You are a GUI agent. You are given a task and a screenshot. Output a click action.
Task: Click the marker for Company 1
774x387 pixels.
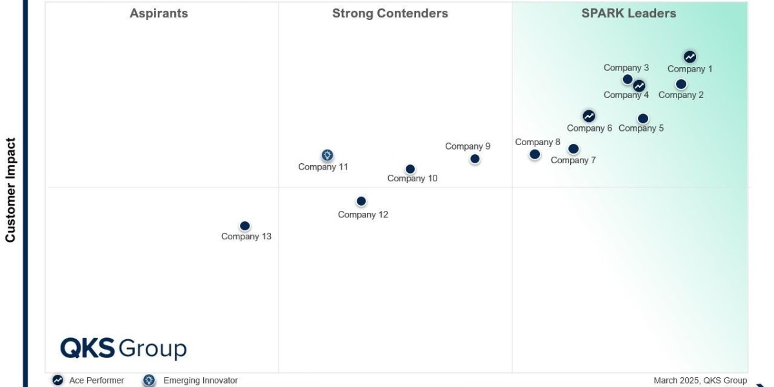tap(690, 57)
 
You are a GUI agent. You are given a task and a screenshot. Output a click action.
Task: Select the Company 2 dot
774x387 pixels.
tap(681, 84)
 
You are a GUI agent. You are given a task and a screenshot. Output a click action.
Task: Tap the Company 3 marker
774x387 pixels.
tap(628, 79)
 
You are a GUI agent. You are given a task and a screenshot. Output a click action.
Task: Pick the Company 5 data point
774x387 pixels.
tap(643, 118)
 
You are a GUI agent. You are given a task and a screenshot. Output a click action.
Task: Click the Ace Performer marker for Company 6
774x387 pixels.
tap(589, 116)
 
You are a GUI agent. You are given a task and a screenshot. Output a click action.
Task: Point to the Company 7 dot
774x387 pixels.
tap(573, 149)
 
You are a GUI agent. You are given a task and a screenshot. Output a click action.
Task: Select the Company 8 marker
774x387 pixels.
tap(535, 154)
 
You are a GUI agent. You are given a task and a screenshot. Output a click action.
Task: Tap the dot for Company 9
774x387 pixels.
tap(475, 159)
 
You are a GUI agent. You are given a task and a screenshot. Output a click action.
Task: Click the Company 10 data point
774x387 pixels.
tap(410, 169)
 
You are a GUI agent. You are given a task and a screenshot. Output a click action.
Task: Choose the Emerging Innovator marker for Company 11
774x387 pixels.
tap(327, 155)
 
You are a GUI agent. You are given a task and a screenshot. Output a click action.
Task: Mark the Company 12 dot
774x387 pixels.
tap(361, 201)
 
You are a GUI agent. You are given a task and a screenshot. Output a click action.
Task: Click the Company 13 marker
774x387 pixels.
tap(244, 226)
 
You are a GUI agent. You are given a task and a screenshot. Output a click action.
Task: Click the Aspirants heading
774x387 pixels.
tap(159, 14)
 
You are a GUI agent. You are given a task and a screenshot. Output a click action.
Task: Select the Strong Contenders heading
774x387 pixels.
tap(390, 14)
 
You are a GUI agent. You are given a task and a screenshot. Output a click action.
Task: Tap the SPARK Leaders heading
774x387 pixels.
tap(629, 14)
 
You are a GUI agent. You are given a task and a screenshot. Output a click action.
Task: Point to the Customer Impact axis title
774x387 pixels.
tap(10, 190)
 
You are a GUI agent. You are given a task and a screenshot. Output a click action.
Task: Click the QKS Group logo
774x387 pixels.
tap(123, 348)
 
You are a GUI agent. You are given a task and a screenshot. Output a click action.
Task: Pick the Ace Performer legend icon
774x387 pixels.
tap(58, 381)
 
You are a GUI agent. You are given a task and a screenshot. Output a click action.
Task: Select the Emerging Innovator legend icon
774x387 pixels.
tap(150, 381)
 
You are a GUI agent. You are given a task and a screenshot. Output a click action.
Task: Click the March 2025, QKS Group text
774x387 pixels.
tap(700, 381)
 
